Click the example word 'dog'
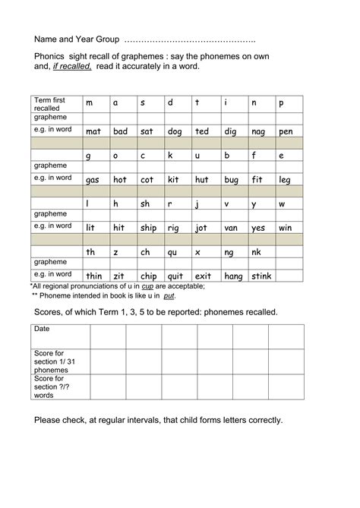pos(175,131)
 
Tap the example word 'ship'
pos(148,228)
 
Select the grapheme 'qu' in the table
pos(175,252)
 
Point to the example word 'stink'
pos(261,276)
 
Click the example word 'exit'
pos(203,276)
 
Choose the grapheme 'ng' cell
pos(229,252)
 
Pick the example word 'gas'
pos(93,180)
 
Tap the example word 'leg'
pos(284,180)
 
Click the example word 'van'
pos(231,228)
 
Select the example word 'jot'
pos(201,228)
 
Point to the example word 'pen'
pos(286,131)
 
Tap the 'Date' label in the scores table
pos(42,330)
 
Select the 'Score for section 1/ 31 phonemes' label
pos(51,361)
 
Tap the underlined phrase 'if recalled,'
pos(72,67)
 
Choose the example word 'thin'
pos(94,276)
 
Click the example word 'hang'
pos(233,276)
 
